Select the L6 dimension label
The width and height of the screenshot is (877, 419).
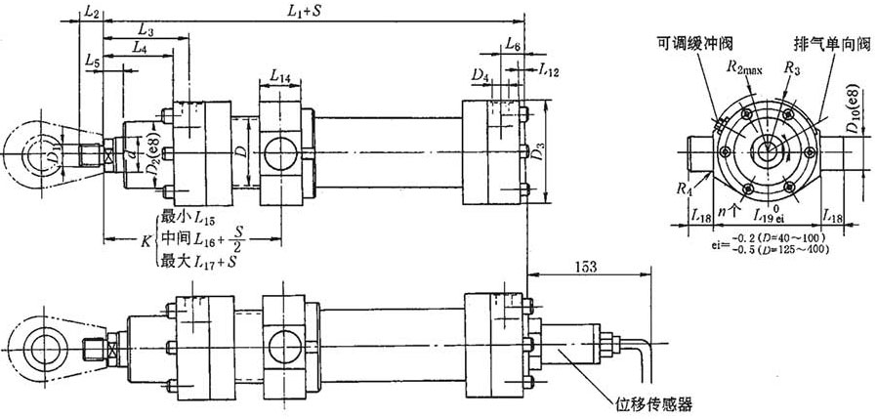pyautogui.click(x=513, y=45)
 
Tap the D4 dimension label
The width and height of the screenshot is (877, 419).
pyautogui.click(x=479, y=74)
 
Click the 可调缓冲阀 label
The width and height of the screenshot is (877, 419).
pyautogui.click(x=695, y=41)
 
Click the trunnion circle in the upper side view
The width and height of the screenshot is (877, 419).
pyautogui.click(x=285, y=153)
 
